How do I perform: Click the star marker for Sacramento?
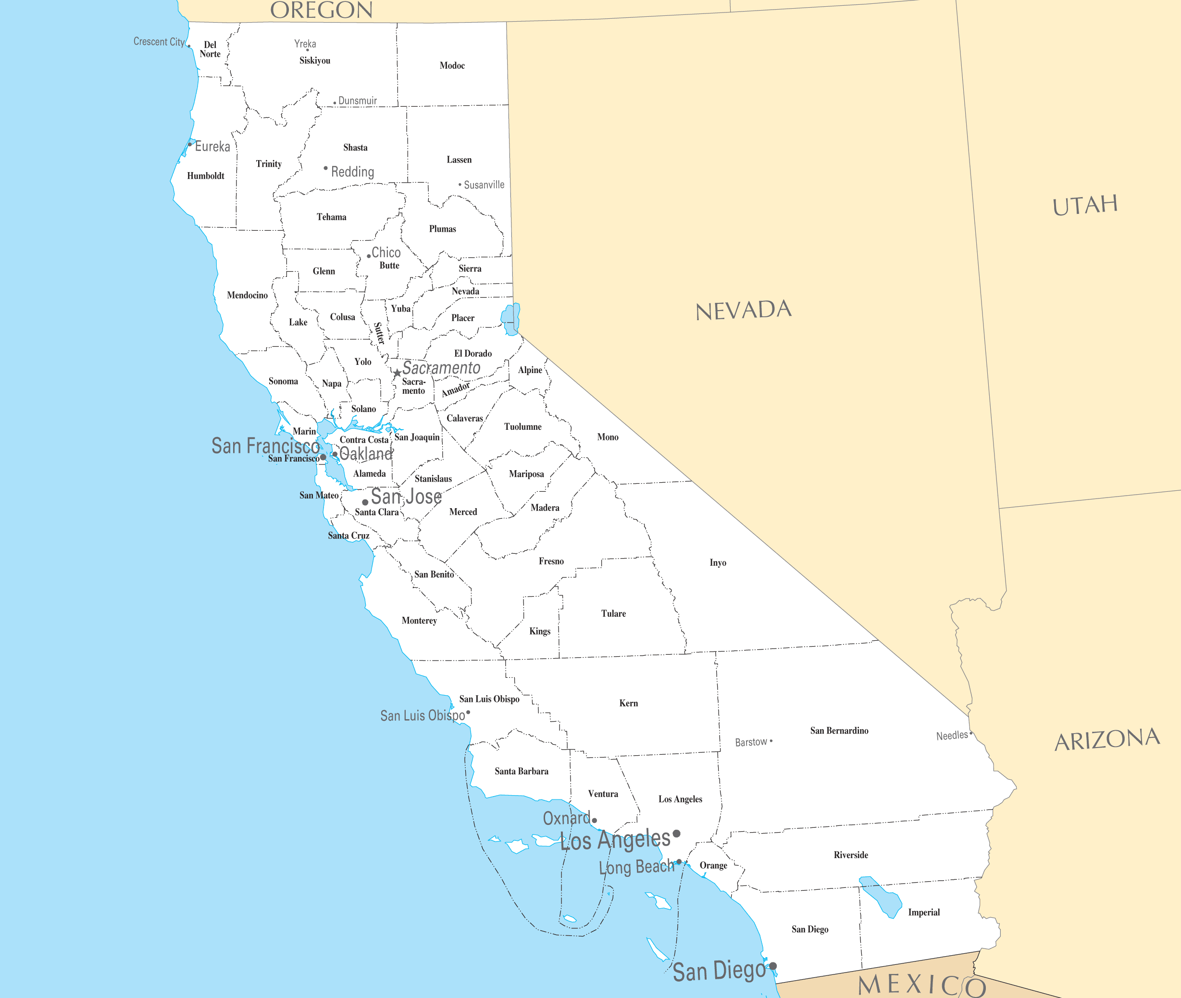tap(398, 373)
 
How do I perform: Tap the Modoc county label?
tap(452, 66)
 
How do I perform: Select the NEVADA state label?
tap(743, 311)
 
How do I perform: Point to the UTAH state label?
tap(1085, 205)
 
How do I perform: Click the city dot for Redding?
tap(326, 168)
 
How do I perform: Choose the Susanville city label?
tap(484, 185)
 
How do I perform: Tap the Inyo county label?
tap(718, 562)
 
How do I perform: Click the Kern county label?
tap(628, 703)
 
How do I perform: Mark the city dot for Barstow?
tap(771, 741)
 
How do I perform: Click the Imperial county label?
tap(924, 912)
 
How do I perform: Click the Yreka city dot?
tap(308, 50)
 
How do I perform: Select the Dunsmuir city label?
tap(358, 100)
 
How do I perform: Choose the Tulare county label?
tap(613, 613)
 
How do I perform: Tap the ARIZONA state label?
tap(1107, 739)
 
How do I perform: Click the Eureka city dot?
tap(190, 144)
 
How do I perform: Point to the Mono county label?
tap(608, 437)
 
